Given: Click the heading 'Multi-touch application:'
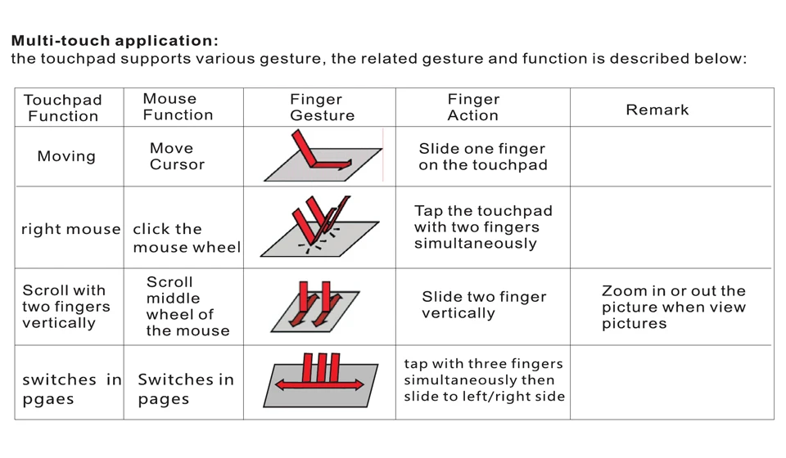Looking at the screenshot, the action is pyautogui.click(x=115, y=41).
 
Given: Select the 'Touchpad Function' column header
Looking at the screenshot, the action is pyautogui.click(x=63, y=108).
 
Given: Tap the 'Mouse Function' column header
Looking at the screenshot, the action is pyautogui.click(x=178, y=106).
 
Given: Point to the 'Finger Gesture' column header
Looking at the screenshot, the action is pyautogui.click(x=323, y=107).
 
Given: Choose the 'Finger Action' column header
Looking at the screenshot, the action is pyautogui.click(x=473, y=107).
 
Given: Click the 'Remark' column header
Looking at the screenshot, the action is pyautogui.click(x=657, y=110).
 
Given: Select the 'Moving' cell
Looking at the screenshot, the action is pyautogui.click(x=66, y=156).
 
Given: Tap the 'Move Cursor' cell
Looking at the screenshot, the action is pyautogui.click(x=177, y=156).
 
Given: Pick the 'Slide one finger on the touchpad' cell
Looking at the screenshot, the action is pyautogui.click(x=483, y=157).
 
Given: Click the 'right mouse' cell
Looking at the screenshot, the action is pyautogui.click(x=70, y=229).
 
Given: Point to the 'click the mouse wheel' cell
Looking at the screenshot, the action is pyautogui.click(x=187, y=238).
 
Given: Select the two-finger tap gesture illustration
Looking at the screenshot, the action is pyautogui.click(x=320, y=227).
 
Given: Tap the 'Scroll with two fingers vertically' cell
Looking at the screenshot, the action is pyautogui.click(x=66, y=307).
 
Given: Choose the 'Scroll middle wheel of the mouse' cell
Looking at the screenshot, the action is pyautogui.click(x=188, y=307).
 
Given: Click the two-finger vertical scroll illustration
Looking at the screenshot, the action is pyautogui.click(x=314, y=307).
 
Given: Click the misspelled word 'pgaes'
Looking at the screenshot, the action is pyautogui.click(x=48, y=400).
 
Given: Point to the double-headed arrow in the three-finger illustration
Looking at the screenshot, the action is pyautogui.click(x=320, y=384).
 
